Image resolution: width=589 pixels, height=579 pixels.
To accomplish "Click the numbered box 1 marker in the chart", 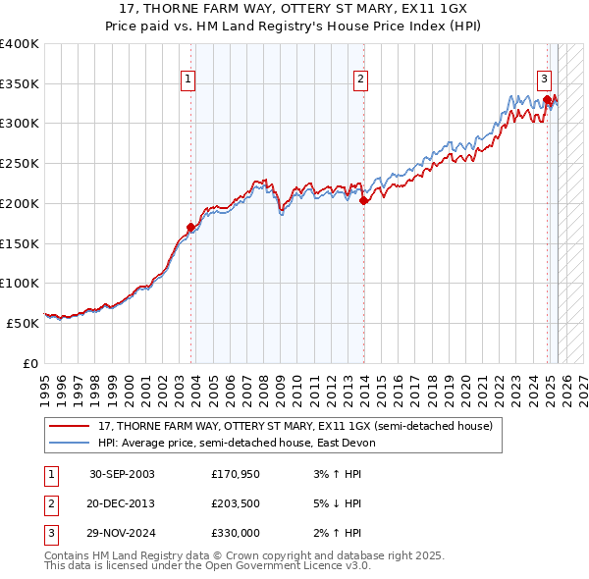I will [187, 80].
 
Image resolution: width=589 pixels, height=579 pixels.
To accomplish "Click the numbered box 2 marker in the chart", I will [360, 80].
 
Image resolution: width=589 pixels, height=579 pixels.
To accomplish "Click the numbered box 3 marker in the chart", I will [543, 80].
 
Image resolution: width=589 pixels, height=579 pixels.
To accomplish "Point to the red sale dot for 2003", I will [190, 228].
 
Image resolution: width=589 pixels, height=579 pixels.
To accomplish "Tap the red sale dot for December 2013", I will [363, 200].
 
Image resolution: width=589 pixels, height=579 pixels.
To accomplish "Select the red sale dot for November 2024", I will [547, 98].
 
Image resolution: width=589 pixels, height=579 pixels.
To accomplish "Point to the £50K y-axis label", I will [22, 323].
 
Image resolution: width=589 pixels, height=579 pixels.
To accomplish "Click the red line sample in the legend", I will [70, 426].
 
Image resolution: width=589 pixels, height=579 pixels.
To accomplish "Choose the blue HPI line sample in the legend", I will [70, 443].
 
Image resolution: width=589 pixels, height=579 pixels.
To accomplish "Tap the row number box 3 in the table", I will [49, 534].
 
